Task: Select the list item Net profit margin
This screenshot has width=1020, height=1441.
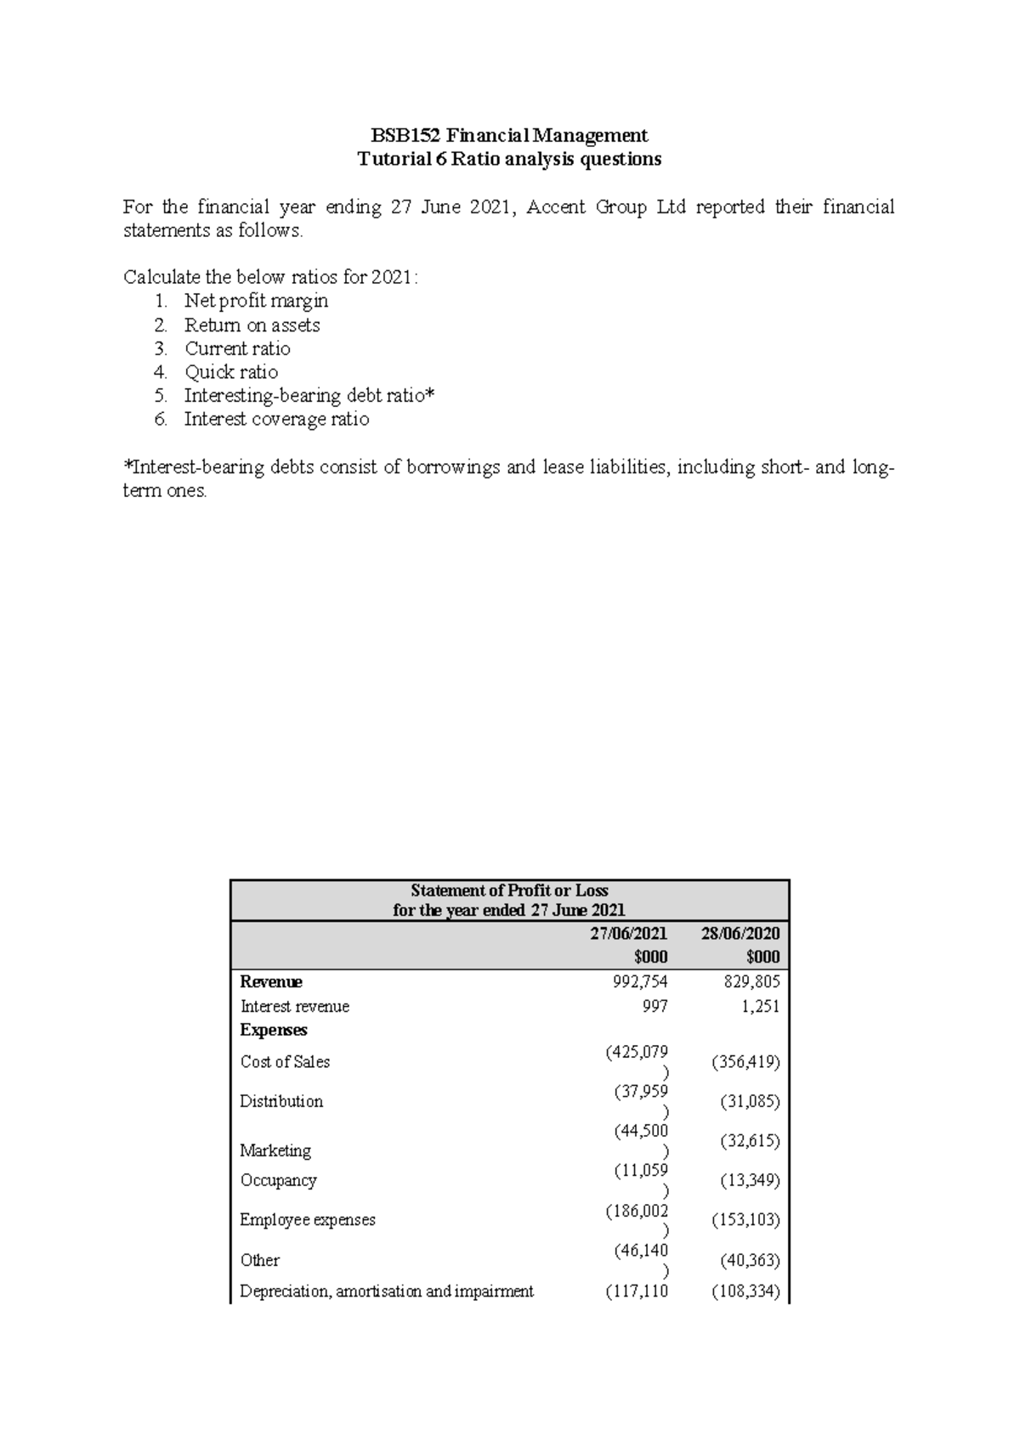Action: [x=256, y=301]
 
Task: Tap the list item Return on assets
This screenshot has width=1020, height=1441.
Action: [x=252, y=325]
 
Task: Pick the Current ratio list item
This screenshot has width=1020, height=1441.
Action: [x=237, y=348]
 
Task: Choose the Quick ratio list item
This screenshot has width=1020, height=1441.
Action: [x=231, y=372]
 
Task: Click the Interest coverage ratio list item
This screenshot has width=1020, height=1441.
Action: [x=276, y=419]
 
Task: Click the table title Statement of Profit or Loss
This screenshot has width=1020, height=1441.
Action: [x=509, y=890]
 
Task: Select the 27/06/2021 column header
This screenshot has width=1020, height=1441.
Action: [x=629, y=933]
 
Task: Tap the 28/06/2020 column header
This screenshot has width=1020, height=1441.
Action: [x=740, y=933]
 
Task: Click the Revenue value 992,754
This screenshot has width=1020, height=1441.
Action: [x=640, y=982]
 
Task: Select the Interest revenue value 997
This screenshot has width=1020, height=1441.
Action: [x=654, y=1006]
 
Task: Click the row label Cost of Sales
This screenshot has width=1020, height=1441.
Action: [x=285, y=1062]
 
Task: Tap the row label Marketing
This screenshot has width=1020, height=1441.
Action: [x=275, y=1150]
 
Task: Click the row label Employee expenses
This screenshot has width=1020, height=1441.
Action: [x=307, y=1220]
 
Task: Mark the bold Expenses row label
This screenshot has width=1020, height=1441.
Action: [x=274, y=1030]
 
